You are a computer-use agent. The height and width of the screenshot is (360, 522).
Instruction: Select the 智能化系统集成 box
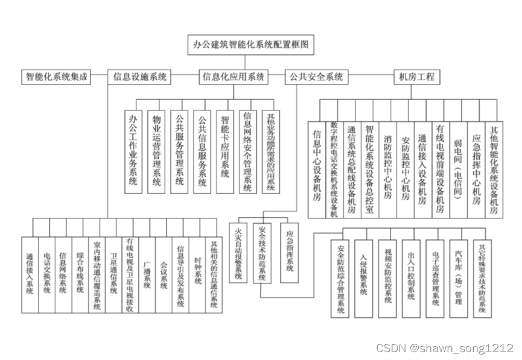coord(56,77)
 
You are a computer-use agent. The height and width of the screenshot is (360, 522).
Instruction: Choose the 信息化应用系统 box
coord(234,77)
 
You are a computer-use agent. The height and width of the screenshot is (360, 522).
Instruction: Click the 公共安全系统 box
coord(316,77)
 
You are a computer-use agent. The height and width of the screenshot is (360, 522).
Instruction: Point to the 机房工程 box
coord(416,77)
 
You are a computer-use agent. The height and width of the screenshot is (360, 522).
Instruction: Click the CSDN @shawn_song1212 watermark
coord(444,348)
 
